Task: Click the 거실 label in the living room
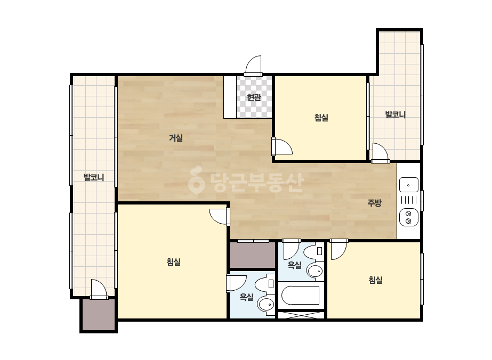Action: tap(176, 138)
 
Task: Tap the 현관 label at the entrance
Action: tap(254, 97)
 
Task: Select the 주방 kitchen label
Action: tap(374, 203)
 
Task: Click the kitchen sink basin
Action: tap(408, 185)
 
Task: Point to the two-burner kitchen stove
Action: tap(408, 217)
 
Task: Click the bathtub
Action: tap(300, 296)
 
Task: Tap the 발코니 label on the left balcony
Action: tap(93, 177)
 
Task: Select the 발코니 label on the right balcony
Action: tap(396, 114)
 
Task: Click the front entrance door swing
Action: tap(253, 66)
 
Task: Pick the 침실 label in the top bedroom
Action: tap(321, 118)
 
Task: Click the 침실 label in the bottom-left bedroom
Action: tap(174, 262)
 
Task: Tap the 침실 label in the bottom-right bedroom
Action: tap(376, 280)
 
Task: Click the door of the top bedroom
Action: tap(282, 146)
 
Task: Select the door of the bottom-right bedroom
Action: tap(339, 249)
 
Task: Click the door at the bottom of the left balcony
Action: tap(99, 289)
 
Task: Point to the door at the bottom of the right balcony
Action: tap(380, 153)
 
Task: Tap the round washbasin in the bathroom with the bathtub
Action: tap(315, 271)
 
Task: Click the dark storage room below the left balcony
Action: tap(99, 315)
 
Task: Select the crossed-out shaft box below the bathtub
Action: tap(301, 315)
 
